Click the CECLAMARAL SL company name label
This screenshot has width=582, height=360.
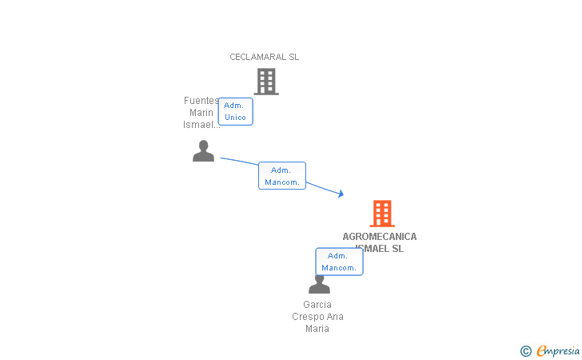click(x=264, y=57)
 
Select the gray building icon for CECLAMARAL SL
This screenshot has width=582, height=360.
click(x=266, y=82)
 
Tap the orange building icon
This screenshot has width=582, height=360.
click(x=382, y=214)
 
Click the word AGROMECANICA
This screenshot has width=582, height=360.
click(x=380, y=237)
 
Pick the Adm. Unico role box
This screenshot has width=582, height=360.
click(x=235, y=111)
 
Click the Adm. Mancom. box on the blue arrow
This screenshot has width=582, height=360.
click(x=281, y=176)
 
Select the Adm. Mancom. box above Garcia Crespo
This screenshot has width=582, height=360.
click(x=339, y=262)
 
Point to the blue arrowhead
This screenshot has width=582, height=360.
click(x=341, y=194)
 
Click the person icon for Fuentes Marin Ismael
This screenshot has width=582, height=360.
click(x=204, y=151)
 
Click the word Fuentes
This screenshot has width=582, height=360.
click(x=201, y=101)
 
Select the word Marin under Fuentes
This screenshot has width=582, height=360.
click(x=201, y=113)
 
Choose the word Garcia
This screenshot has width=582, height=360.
click(x=317, y=305)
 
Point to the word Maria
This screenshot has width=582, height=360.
click(x=317, y=329)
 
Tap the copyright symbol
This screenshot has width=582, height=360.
click(x=525, y=350)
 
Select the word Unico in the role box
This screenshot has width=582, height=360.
click(x=235, y=118)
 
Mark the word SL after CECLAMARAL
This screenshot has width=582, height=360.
click(x=293, y=57)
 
